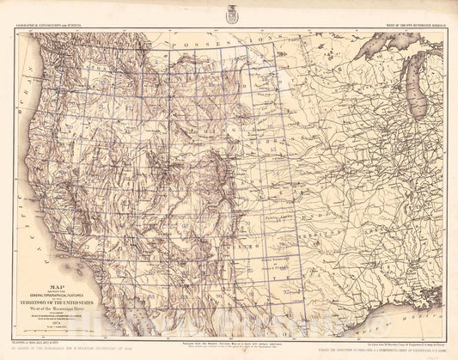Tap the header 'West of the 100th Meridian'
coord(403,26)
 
